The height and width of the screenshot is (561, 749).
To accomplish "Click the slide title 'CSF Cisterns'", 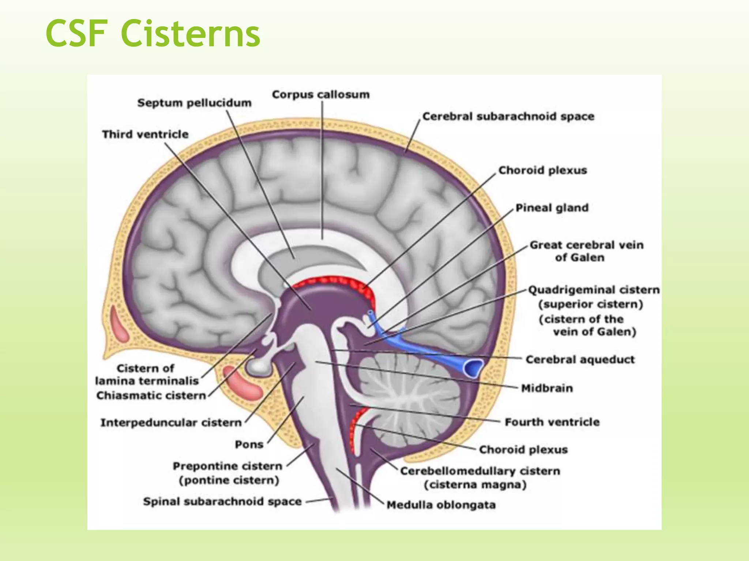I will coord(153,34).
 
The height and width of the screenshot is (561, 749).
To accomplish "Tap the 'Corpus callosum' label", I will coord(321,95).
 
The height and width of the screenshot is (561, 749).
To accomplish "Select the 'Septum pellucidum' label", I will coord(194,103).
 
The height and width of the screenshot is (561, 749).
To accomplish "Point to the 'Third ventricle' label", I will coord(145,134).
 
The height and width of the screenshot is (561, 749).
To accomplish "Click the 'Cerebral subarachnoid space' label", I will coord(508,117).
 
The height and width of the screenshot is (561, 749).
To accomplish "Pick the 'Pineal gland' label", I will coord(552,208).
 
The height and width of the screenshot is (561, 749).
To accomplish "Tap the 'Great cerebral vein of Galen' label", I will coord(586,251).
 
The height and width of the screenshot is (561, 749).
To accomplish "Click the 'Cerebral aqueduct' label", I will coord(580,359).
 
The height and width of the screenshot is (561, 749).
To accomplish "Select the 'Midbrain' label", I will coord(547,388).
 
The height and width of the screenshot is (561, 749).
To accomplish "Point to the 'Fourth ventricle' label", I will coord(552,422).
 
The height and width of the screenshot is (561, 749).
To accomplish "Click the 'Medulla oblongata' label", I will coord(441,505).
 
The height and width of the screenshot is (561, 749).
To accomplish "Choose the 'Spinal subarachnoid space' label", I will coord(222,501).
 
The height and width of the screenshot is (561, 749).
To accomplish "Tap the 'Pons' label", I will coord(249,444).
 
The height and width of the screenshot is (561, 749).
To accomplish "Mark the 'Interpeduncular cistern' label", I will coord(171,423).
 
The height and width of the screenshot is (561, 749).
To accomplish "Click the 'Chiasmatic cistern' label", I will coord(151,396).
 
